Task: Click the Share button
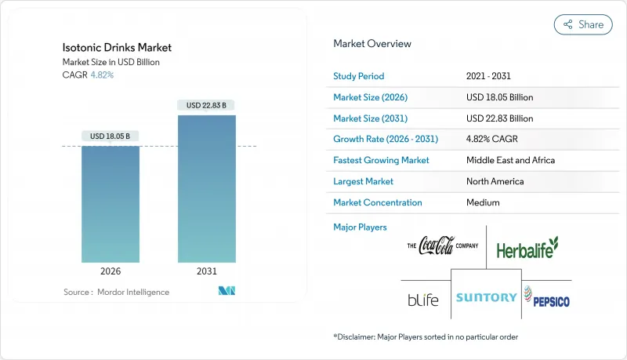point(583,24)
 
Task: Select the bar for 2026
point(110,204)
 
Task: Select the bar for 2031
point(206,188)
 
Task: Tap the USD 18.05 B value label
point(110,136)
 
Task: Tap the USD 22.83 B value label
point(206,105)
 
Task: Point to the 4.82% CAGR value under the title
point(103,75)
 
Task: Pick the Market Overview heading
point(372,44)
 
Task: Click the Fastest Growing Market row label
point(381,160)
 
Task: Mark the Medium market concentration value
point(483,202)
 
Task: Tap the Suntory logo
point(486,297)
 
